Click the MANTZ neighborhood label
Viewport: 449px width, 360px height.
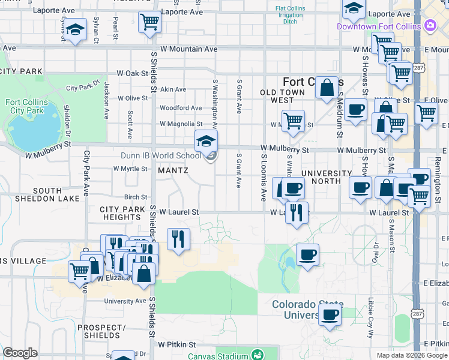(x=173, y=170)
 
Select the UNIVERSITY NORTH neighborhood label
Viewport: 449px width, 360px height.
(x=326, y=178)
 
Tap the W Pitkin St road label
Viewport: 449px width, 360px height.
(x=177, y=345)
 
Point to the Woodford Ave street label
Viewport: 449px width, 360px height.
(x=180, y=108)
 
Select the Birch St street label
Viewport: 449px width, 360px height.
(x=135, y=197)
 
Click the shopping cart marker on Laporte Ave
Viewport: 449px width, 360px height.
(x=149, y=22)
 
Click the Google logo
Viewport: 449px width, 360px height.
(x=20, y=353)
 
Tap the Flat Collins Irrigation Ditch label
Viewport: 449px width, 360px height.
(x=290, y=15)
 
